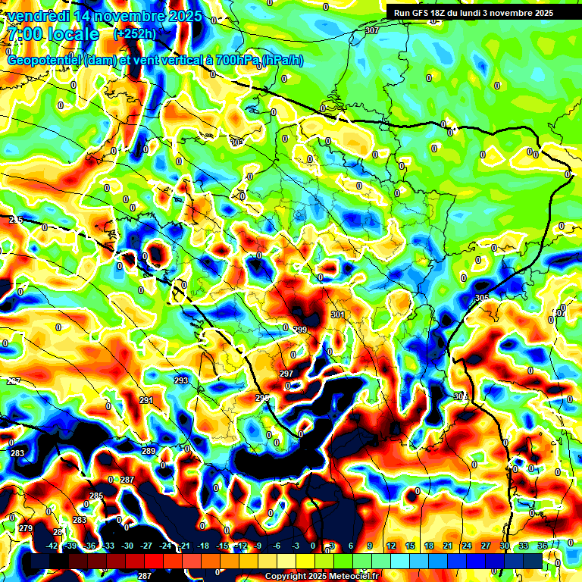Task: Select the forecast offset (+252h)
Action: click(x=135, y=34)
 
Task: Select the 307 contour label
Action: click(x=371, y=30)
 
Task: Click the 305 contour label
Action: click(x=482, y=298)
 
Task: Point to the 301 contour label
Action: click(x=338, y=314)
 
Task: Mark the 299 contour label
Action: click(x=300, y=330)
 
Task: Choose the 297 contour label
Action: click(x=286, y=374)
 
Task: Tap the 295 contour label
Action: click(x=262, y=398)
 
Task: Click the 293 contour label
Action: click(x=181, y=380)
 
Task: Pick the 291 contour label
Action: click(x=146, y=400)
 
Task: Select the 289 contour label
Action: click(x=149, y=451)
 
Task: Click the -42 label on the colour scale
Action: click(x=52, y=546)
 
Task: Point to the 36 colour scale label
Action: click(x=543, y=546)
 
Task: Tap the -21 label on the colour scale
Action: click(x=184, y=546)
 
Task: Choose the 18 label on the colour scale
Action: click(x=429, y=546)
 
